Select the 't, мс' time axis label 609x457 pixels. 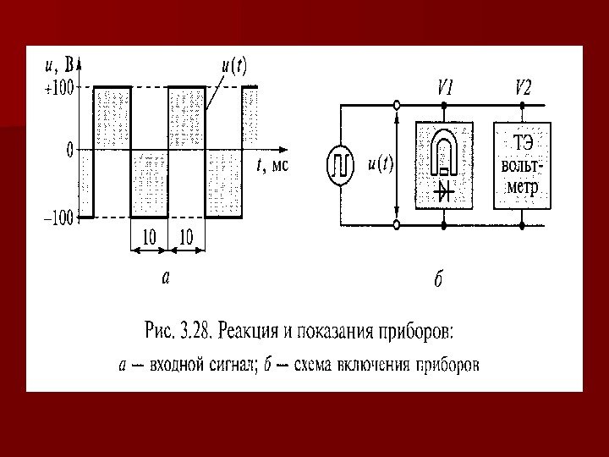(x=272, y=166)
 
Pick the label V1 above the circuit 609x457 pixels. (x=446, y=88)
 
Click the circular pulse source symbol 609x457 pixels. (x=340, y=165)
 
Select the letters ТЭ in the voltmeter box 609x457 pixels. (x=523, y=141)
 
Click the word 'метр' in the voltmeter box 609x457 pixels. (x=522, y=186)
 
